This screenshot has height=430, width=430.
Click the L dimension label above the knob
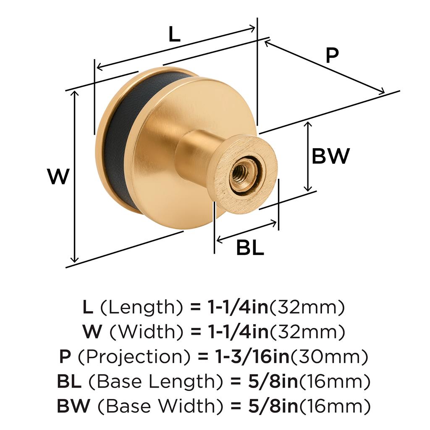pos(174,34)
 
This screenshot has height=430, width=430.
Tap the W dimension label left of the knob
pos(58,177)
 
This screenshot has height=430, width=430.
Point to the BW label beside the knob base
pos(331,156)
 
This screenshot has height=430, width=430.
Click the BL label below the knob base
pos(250,248)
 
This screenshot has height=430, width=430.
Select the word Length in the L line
pos(142,307)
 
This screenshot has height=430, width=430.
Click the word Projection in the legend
pos(134,357)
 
